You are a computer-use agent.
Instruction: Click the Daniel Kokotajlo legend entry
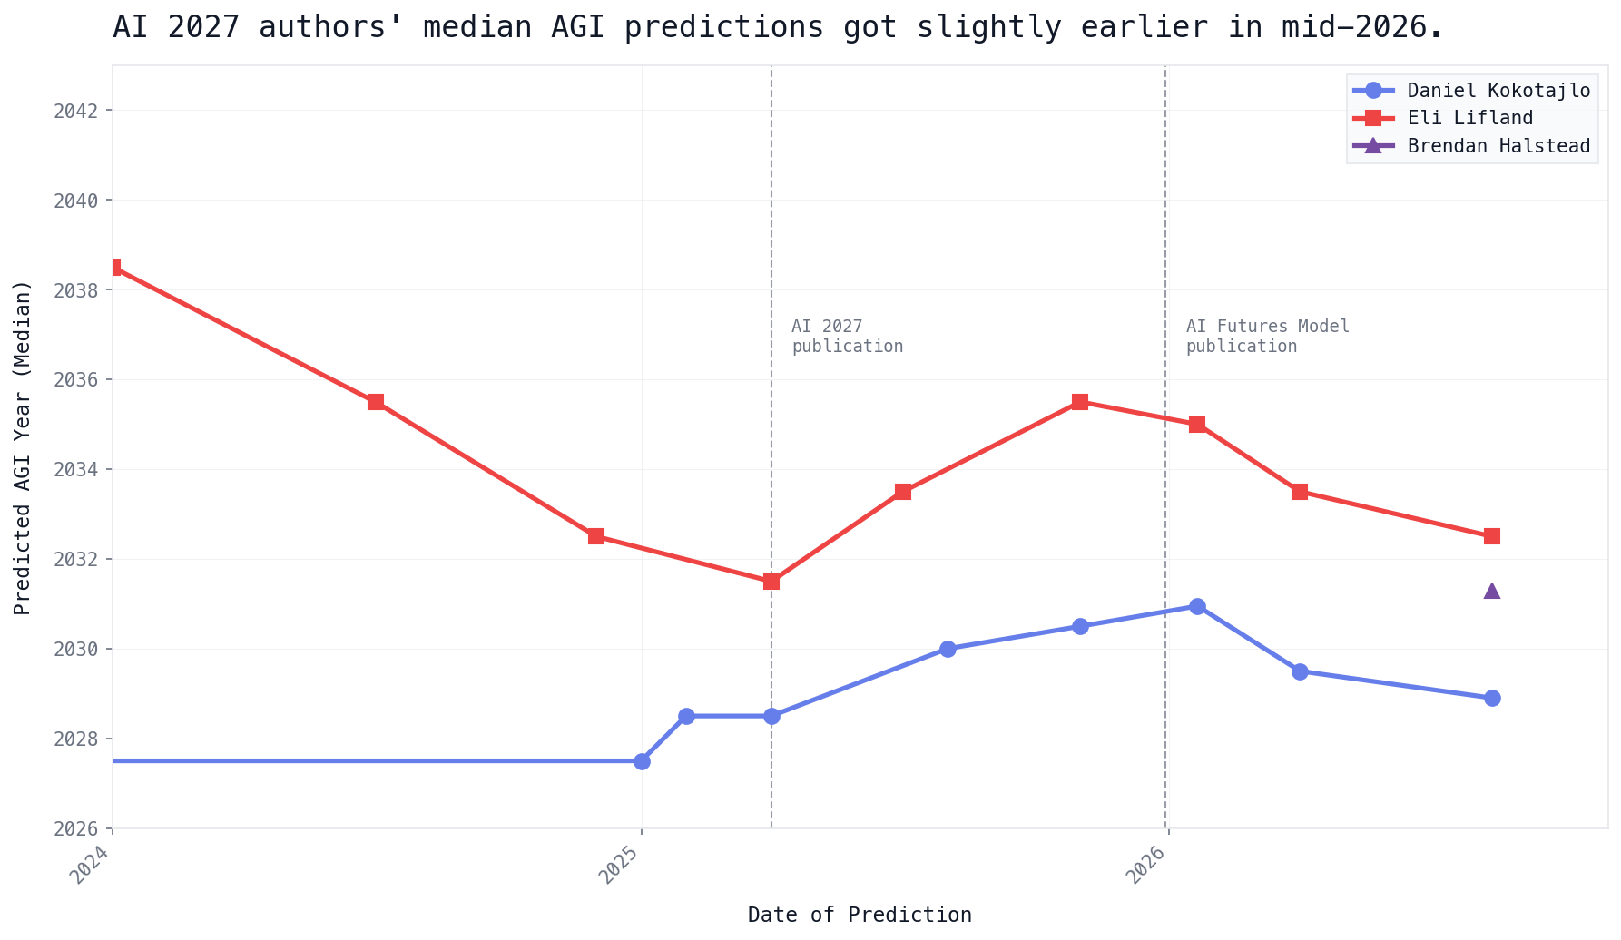[1471, 91]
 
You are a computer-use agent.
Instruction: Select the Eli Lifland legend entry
[1443, 118]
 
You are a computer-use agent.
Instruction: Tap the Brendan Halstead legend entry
[1471, 146]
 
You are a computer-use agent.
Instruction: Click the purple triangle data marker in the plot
[1492, 591]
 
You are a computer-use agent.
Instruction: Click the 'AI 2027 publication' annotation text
[847, 337]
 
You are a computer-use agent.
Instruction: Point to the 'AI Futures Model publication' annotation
[1268, 337]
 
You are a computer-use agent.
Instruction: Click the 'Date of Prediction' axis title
[860, 915]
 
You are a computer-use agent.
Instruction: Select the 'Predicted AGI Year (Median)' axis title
[23, 447]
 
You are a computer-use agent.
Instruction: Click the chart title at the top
[778, 27]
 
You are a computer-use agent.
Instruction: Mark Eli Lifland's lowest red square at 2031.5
[771, 582]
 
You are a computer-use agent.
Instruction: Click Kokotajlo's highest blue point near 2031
[1197, 606]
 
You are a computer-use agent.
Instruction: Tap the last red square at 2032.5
[1492, 536]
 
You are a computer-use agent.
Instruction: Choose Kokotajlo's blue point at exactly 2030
[948, 649]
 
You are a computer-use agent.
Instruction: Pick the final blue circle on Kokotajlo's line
[1492, 698]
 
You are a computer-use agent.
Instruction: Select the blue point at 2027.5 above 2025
[642, 761]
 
